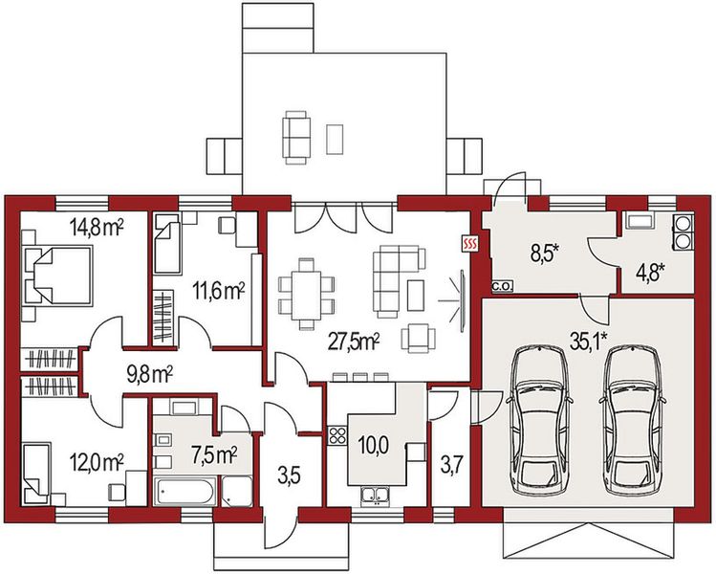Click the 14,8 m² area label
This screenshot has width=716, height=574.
coord(97,227)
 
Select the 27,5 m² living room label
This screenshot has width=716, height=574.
coord(355,342)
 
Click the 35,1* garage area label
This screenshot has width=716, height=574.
coord(589,340)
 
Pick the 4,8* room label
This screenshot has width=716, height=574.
coord(650,276)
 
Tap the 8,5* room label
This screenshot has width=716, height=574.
coord(545,253)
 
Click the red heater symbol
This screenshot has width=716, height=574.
coord(470,244)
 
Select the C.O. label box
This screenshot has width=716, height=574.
coord(503,287)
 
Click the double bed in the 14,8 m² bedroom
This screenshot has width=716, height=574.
coord(57,276)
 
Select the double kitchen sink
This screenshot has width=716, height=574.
coord(375,494)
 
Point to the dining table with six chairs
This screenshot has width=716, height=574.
coord(307,294)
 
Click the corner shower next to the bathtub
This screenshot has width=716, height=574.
coord(237,492)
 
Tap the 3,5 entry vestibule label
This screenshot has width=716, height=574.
coord(289,476)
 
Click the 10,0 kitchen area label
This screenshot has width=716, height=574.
coord(373,445)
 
